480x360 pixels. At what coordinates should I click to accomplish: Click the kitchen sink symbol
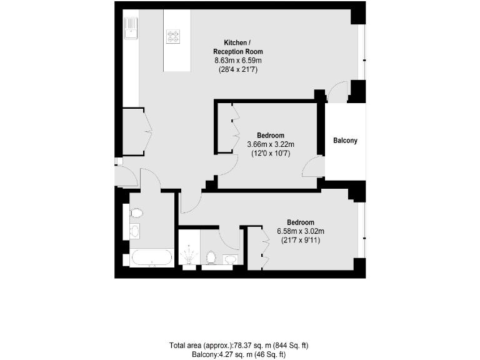pos(132,28)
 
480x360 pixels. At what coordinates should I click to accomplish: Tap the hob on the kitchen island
pos(173,36)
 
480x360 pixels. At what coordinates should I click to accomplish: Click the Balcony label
pos(345,141)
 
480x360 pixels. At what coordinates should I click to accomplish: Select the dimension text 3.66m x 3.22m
pos(270,144)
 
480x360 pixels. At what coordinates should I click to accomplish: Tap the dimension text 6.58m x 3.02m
pos(300,231)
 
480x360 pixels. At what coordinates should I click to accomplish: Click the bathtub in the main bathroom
pos(151,257)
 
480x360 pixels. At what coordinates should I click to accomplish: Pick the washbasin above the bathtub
pos(134,232)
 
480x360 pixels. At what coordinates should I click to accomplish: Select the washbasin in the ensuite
pos(230,259)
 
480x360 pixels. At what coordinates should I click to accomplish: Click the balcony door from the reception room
pos(338,92)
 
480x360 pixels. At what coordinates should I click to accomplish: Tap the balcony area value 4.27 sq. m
pos(221,354)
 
